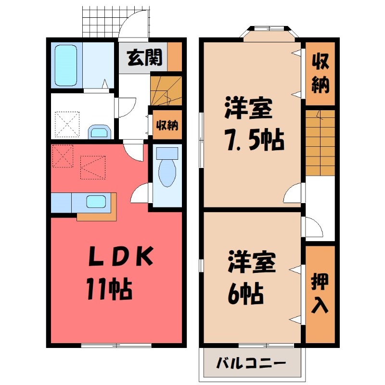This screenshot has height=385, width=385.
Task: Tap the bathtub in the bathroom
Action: click(x=65, y=65)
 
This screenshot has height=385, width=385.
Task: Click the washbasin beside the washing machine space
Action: click(x=100, y=131)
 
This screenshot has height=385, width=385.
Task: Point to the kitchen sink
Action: click(x=98, y=201)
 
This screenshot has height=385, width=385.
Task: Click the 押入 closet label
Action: click(x=320, y=294)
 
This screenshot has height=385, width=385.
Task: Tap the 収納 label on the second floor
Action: click(x=320, y=73)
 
